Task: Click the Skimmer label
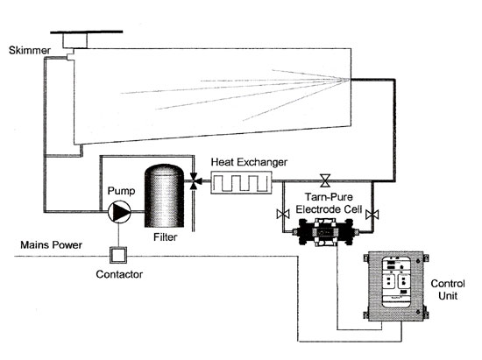30,51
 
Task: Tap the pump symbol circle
119,212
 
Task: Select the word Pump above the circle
121,191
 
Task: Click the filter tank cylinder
164,196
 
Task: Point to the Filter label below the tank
166,237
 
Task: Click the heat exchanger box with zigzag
241,183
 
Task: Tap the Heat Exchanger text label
249,162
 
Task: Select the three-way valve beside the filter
195,181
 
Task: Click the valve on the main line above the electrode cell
325,180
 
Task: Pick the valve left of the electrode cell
283,214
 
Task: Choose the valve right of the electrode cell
372,214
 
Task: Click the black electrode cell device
326,232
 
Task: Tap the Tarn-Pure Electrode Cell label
329,203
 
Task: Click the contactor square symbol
118,255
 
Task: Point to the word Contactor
119,274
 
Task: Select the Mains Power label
52,244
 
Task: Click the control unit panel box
396,286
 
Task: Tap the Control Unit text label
448,290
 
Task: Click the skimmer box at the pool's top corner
75,40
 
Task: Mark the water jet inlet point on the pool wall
350,80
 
